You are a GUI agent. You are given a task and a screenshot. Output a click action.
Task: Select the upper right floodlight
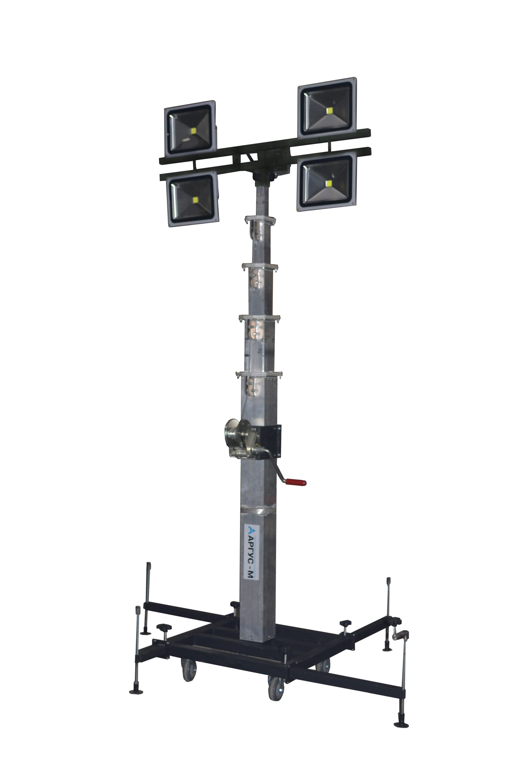[x=327, y=108]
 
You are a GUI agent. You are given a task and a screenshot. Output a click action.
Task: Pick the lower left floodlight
[x=193, y=198]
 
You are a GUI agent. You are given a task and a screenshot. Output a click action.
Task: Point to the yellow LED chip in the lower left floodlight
[x=195, y=200]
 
